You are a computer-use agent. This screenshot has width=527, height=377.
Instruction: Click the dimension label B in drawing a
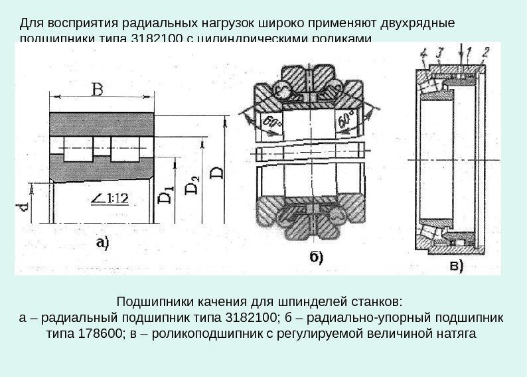(98, 89)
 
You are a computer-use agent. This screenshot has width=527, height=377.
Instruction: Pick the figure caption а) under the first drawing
(103, 243)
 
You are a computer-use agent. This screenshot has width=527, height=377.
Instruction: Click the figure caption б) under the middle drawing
(313, 258)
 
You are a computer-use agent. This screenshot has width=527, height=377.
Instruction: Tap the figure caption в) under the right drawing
(457, 265)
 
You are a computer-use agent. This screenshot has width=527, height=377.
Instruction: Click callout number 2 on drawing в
(487, 51)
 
